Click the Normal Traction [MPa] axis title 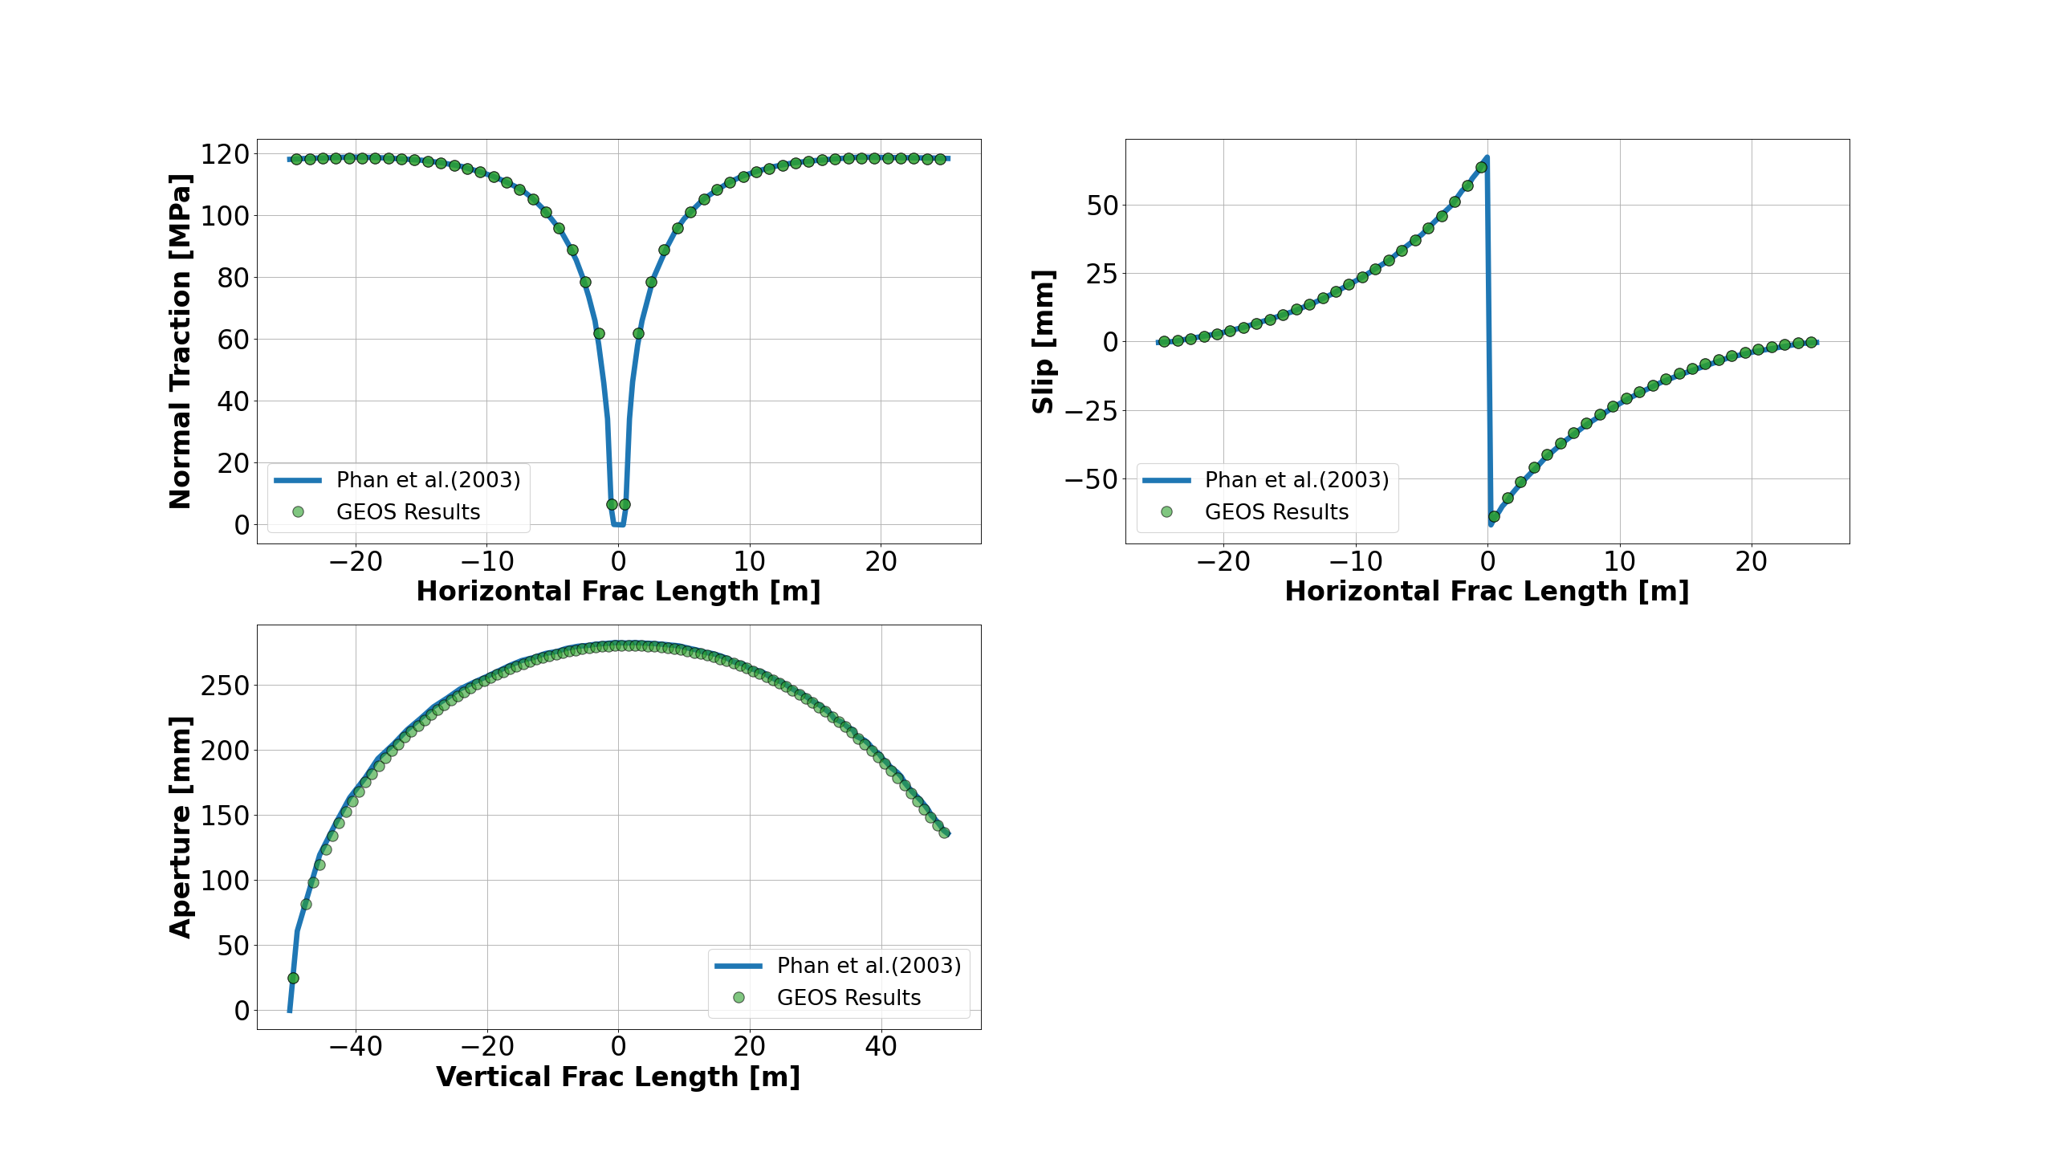[181, 341]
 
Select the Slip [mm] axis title [1043, 341]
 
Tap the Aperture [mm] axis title [181, 827]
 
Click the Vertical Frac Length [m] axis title [618, 1077]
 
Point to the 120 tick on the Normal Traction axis [225, 153]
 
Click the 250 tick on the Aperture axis [225, 686]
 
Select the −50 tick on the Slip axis [1091, 479]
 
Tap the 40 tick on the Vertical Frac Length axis [881, 1046]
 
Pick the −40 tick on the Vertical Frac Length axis [356, 1046]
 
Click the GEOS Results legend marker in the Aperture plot [739, 997]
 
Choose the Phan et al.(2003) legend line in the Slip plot [1166, 480]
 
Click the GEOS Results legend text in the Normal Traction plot [408, 512]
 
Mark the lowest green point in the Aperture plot [293, 978]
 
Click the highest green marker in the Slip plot [1481, 168]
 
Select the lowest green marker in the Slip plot [1494, 516]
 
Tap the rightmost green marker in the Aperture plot [944, 832]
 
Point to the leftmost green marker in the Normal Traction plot [297, 159]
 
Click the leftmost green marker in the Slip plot [1164, 341]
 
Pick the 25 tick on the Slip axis [1102, 274]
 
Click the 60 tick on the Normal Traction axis [233, 340]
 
